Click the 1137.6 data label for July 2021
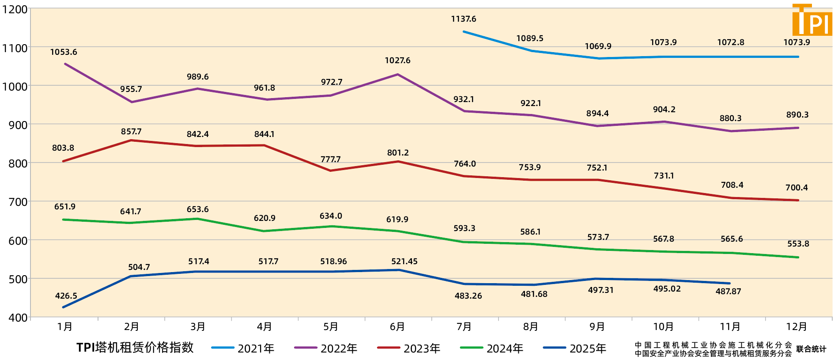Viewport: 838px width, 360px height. [x=463, y=19]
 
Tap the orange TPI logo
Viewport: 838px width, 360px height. [x=812, y=20]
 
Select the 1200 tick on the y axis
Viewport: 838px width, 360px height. [x=15, y=9]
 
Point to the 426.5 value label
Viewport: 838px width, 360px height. [x=66, y=296]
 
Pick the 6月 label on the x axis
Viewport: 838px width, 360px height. [x=397, y=327]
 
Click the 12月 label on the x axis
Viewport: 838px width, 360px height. [x=796, y=327]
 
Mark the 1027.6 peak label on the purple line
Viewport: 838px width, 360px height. [x=397, y=61]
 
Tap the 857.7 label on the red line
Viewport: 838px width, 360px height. [x=131, y=132]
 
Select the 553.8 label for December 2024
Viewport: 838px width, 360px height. [x=798, y=244]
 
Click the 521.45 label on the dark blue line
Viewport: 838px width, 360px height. [x=404, y=261]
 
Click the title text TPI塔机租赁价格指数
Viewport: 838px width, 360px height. [x=135, y=348]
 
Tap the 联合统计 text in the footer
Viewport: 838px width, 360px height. [x=811, y=349]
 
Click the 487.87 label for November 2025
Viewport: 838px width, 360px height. [x=728, y=292]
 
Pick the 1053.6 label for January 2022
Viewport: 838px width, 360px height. [x=64, y=52]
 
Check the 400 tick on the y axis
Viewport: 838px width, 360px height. [x=18, y=318]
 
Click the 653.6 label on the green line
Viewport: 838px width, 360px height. [x=197, y=209]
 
